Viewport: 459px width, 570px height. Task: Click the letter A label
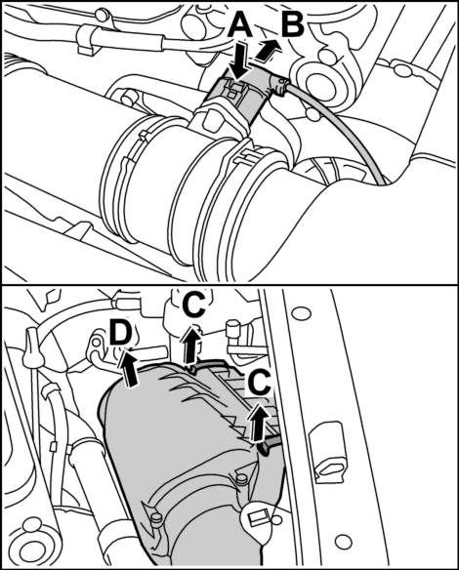coord(239,24)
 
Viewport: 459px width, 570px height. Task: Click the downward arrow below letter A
coord(239,61)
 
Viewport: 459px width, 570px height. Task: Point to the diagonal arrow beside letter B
coord(268,50)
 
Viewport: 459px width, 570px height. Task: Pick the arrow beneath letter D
coord(130,368)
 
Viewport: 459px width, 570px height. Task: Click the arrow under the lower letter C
coord(260,421)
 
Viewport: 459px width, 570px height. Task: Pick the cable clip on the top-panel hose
coord(87,39)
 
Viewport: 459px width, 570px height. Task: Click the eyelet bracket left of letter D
coord(97,347)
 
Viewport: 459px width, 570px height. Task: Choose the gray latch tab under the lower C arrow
coord(270,444)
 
